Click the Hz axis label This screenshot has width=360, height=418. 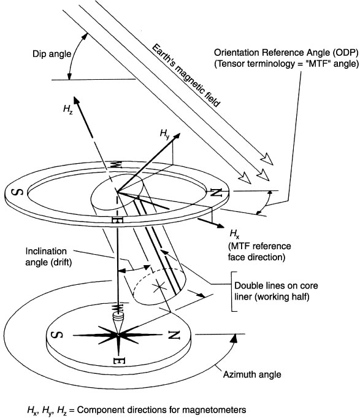(x=68, y=109)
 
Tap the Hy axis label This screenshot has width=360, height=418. (x=164, y=133)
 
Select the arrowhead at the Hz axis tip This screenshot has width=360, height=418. (x=77, y=101)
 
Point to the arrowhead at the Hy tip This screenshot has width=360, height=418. (x=176, y=136)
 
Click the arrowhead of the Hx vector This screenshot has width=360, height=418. (x=220, y=225)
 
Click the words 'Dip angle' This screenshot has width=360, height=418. (x=52, y=54)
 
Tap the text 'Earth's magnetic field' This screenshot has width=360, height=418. (x=186, y=75)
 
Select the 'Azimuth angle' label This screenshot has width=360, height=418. (x=252, y=374)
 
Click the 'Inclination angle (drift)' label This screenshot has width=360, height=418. (x=48, y=257)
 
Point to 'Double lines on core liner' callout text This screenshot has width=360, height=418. (x=276, y=291)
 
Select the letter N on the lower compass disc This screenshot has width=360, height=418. (x=174, y=335)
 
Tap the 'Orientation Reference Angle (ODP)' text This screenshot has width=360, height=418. (x=286, y=53)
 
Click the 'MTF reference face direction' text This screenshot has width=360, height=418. (x=259, y=252)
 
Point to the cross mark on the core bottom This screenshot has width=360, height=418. (x=159, y=287)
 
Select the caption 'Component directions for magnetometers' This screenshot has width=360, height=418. (x=162, y=409)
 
